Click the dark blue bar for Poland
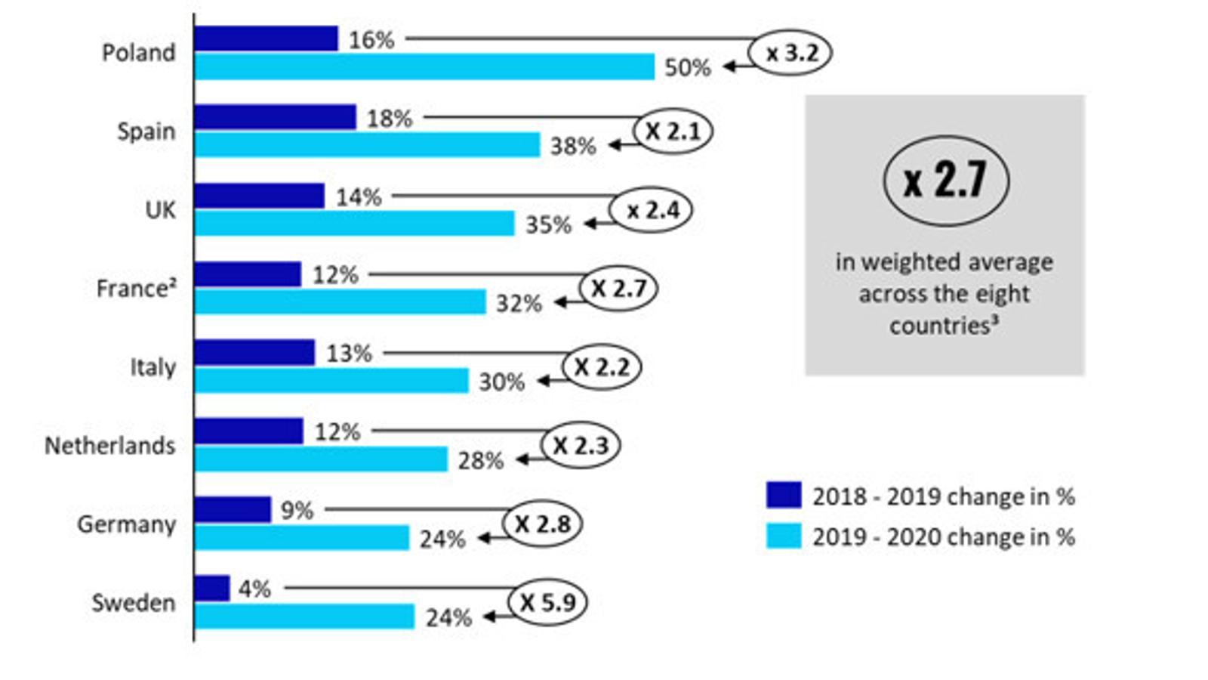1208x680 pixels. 266,39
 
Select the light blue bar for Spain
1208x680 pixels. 367,145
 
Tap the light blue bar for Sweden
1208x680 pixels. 304,617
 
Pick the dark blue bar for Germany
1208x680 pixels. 233,509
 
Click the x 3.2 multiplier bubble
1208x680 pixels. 790,53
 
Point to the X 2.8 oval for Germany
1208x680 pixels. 542,524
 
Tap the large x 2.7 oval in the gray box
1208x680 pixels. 945,181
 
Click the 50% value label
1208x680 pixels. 687,68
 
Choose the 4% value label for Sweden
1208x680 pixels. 254,589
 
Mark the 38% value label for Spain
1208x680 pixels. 573,146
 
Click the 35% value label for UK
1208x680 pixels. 548,225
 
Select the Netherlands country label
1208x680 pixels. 110,446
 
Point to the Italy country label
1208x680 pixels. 153,367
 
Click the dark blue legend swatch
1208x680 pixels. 784,496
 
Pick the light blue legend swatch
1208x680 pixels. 784,536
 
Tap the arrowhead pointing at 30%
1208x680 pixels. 542,381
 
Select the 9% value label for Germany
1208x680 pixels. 297,511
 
